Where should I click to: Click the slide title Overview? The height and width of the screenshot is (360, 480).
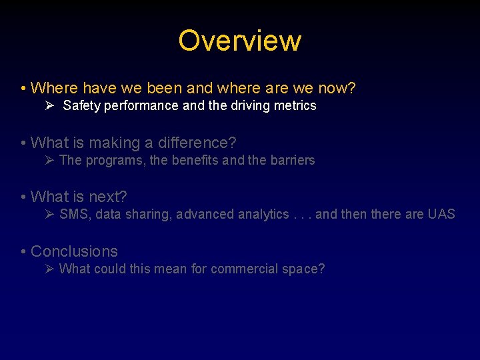(239, 41)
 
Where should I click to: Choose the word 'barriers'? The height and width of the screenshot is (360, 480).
(292, 161)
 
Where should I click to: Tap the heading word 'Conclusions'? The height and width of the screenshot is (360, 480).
(74, 251)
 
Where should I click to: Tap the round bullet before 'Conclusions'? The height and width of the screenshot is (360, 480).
(23, 252)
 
